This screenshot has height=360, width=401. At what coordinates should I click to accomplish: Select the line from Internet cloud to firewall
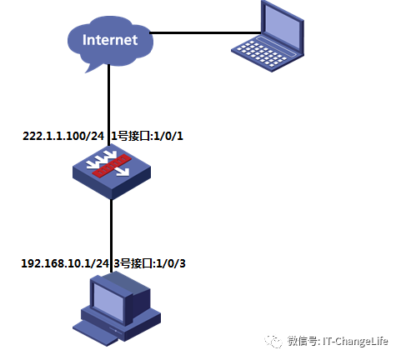[x=109, y=100]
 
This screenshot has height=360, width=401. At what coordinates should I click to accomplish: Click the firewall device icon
[x=112, y=172]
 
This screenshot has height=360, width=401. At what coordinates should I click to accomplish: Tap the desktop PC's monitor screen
[x=108, y=297]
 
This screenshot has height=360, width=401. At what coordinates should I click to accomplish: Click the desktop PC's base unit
[x=117, y=328]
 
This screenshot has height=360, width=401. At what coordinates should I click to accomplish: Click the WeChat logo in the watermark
[x=273, y=340]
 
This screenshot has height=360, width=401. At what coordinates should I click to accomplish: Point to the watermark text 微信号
[x=302, y=340]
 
